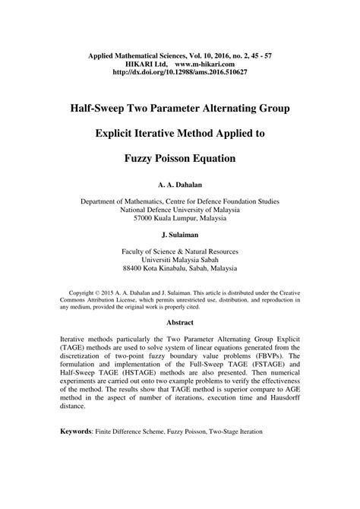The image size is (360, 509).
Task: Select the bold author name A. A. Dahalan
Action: point(180,185)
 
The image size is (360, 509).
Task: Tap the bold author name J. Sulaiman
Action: point(180,235)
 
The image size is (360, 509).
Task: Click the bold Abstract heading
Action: point(180,321)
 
